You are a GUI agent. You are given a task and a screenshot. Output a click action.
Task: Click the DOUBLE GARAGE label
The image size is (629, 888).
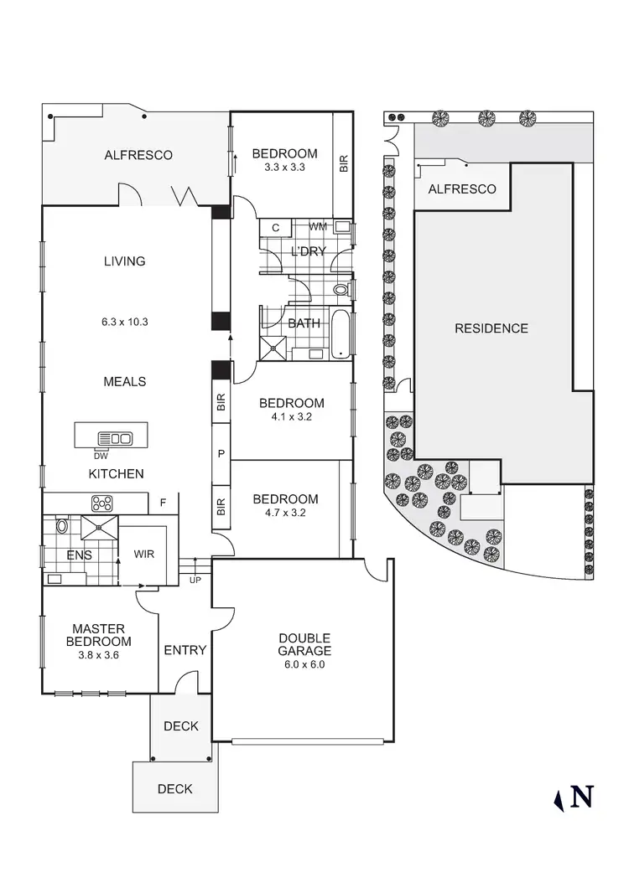pyautogui.click(x=304, y=644)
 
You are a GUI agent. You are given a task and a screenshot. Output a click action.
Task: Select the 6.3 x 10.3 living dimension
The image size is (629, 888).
pyautogui.click(x=125, y=321)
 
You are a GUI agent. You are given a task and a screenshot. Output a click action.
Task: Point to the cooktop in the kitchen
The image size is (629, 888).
pyautogui.click(x=102, y=503)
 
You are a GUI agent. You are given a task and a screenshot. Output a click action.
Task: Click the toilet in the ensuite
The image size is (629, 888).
pyautogui.click(x=61, y=528)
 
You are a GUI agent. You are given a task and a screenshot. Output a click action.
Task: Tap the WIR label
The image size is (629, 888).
pyautogui.click(x=144, y=555)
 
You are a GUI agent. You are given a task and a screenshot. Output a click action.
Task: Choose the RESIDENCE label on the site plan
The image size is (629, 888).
pyautogui.click(x=491, y=328)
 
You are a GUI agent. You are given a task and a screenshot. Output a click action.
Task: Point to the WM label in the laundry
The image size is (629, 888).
pyautogui.click(x=318, y=226)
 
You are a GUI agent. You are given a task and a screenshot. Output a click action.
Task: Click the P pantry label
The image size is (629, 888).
pyautogui.click(x=221, y=453)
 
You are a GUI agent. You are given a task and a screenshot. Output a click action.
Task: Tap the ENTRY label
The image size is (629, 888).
pyautogui.click(x=185, y=650)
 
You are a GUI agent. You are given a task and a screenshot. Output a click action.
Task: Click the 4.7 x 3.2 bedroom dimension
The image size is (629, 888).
pyautogui.click(x=285, y=513)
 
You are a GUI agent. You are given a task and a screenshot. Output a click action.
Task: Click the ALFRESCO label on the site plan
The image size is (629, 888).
pyautogui.click(x=462, y=189)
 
